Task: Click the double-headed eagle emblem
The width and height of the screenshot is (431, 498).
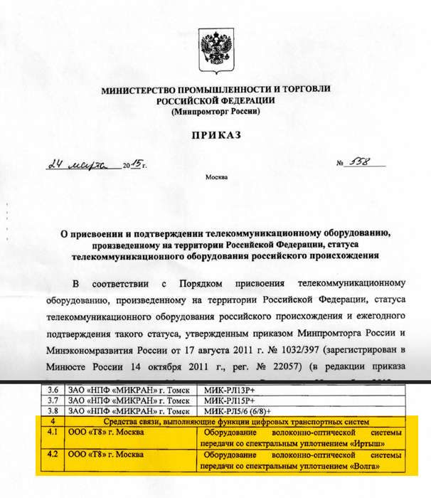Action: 215,50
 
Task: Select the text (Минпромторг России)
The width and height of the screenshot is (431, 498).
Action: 215,112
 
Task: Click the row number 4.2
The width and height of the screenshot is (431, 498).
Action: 52,455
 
